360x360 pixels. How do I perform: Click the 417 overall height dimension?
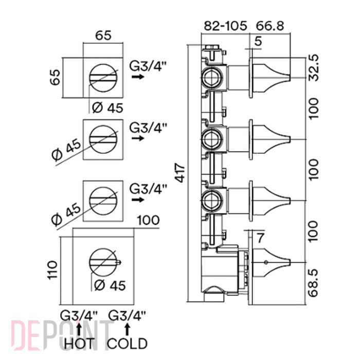click(x=181, y=173)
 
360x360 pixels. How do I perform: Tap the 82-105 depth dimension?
click(x=225, y=26)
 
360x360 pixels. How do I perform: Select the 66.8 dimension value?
click(x=270, y=26)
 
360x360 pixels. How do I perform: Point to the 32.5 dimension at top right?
click(x=314, y=67)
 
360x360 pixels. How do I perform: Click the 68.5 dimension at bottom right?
click(x=314, y=283)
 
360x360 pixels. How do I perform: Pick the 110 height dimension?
click(x=52, y=270)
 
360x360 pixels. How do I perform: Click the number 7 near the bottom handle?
click(x=260, y=238)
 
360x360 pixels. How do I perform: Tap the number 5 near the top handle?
click(x=258, y=41)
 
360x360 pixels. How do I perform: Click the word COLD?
click(x=128, y=344)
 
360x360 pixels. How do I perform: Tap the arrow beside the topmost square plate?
click(x=138, y=77)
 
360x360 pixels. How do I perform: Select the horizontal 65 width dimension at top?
click(x=103, y=35)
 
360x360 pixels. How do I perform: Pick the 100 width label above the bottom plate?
click(x=148, y=220)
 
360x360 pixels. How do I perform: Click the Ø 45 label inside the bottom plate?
click(x=110, y=285)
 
